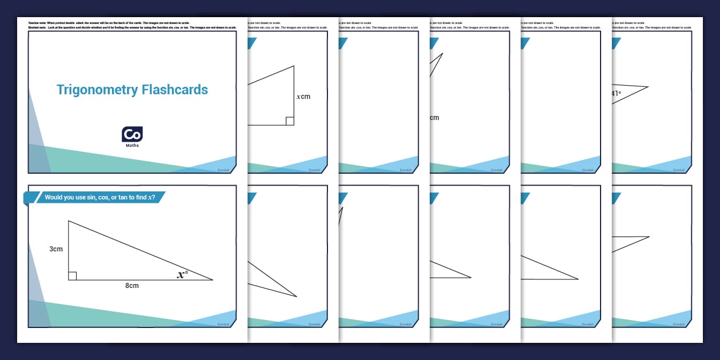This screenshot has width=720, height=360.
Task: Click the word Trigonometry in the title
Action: click(97, 90)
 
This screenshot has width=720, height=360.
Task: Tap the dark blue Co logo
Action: click(132, 134)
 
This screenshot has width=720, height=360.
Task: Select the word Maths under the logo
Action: click(132, 146)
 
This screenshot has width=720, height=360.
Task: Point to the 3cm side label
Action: click(55, 249)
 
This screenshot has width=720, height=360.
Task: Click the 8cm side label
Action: click(132, 285)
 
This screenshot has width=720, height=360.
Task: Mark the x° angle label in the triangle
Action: click(182, 275)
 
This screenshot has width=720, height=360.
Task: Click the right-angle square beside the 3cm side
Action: click(73, 276)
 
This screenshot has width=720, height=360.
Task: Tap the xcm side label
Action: click(303, 97)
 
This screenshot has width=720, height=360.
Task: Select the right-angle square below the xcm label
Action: click(290, 121)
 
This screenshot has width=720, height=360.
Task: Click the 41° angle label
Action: click(616, 94)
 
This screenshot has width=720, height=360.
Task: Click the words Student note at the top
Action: click(37, 27)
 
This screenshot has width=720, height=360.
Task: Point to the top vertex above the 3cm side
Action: click(69, 221)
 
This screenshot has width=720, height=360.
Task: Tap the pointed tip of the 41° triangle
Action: click(648, 87)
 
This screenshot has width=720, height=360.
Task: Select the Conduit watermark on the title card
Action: click(223, 170)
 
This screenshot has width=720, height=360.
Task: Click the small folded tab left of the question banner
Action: click(29, 198)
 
